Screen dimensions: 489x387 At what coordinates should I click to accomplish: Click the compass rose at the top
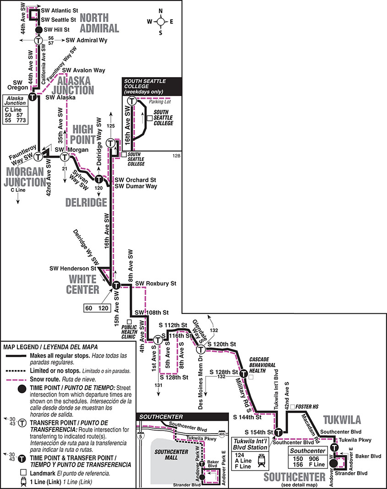[160, 21]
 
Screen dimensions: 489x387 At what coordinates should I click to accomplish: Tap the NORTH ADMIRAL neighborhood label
[99, 23]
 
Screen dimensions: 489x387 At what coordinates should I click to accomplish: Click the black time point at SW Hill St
[39, 30]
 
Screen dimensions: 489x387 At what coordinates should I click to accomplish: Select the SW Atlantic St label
[59, 10]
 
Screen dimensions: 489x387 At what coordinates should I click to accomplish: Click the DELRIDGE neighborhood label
[86, 203]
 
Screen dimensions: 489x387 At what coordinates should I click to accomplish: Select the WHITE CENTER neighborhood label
[78, 284]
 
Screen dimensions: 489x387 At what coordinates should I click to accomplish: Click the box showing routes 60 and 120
[97, 308]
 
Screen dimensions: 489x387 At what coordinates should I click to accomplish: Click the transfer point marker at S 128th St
[244, 374]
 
